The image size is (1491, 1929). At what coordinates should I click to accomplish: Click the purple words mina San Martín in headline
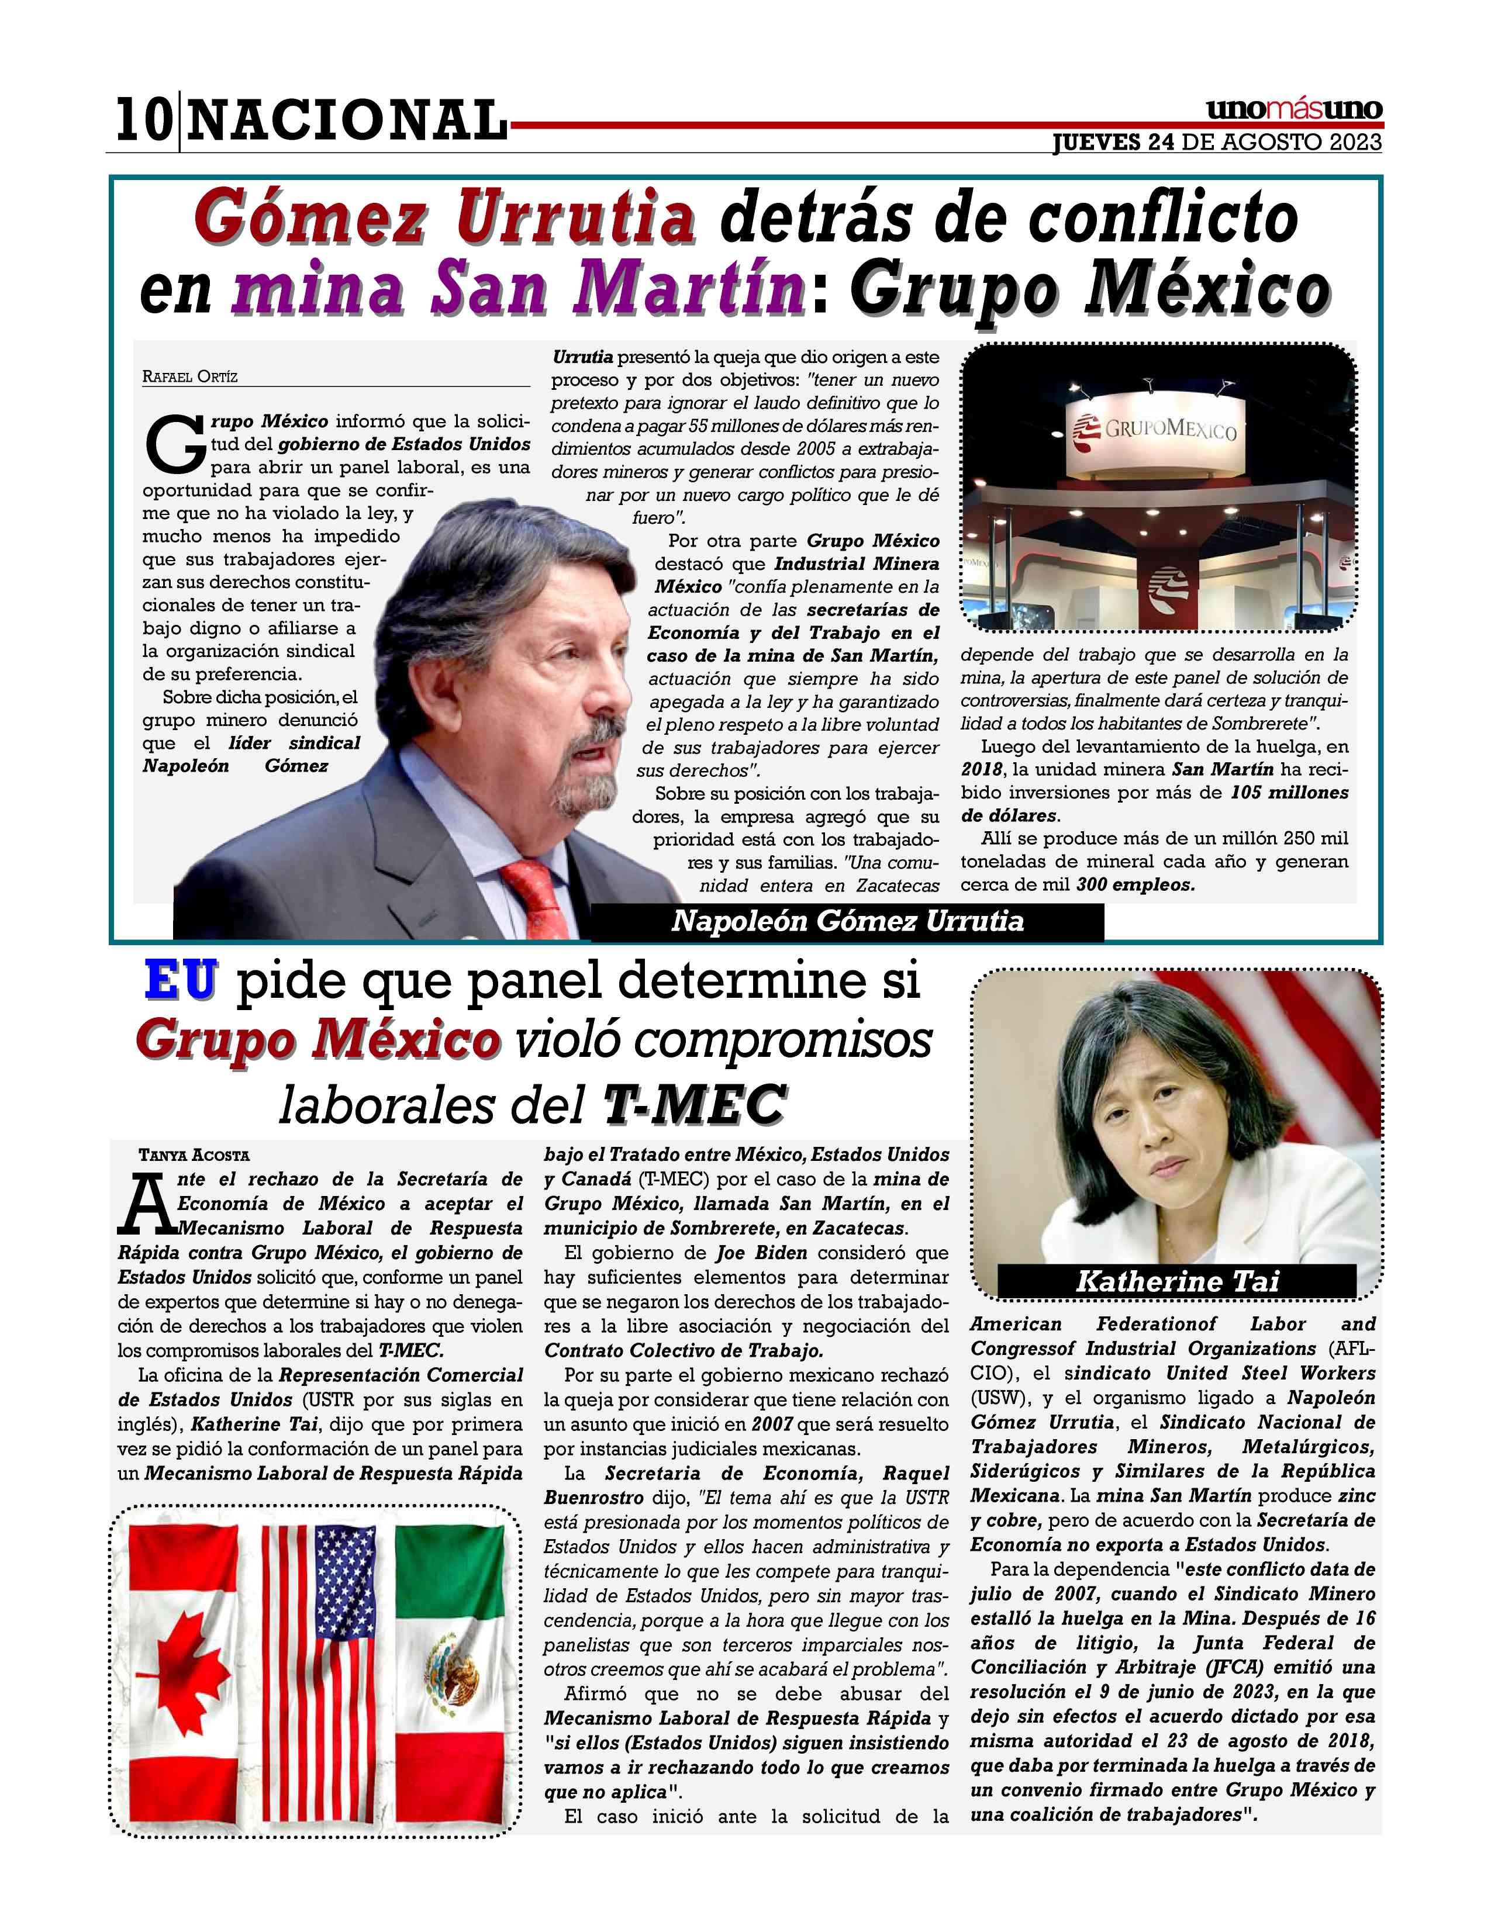click(x=519, y=292)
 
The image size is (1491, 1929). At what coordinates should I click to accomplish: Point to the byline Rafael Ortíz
click(x=190, y=377)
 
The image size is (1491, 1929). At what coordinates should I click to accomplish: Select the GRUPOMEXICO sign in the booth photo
click(x=1157, y=430)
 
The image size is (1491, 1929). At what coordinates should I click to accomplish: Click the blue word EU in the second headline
click(x=180, y=981)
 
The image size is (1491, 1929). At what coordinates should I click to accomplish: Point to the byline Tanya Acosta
click(x=194, y=1155)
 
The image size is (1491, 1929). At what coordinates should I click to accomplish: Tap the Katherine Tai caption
click(x=1176, y=1281)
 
